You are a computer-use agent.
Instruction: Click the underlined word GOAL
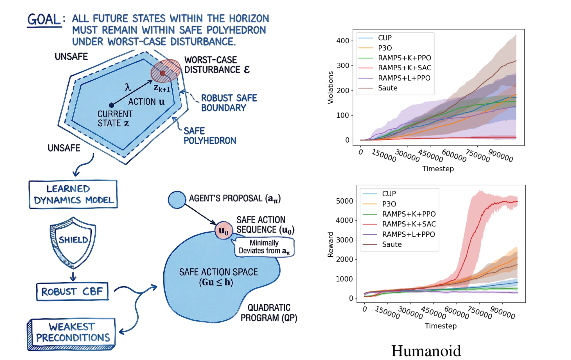(44, 20)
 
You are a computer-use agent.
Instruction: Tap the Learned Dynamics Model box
(73, 194)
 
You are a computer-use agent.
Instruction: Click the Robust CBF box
(72, 292)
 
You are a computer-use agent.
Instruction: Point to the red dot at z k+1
(163, 73)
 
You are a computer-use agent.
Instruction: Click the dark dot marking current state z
(112, 105)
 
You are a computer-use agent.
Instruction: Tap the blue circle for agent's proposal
(177, 200)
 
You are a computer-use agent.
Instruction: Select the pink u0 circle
(224, 231)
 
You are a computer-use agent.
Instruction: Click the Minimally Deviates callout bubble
(264, 247)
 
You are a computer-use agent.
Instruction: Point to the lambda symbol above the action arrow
(128, 87)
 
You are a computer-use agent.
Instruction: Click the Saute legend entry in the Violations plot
(387, 88)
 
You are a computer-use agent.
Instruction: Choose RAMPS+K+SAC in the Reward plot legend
(409, 224)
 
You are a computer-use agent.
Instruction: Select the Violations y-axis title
(331, 87)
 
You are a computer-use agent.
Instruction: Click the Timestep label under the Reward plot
(441, 326)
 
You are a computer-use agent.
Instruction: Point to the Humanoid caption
(426, 351)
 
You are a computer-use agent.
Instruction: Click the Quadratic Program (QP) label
(269, 313)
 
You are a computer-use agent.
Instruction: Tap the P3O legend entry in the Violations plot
(385, 48)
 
